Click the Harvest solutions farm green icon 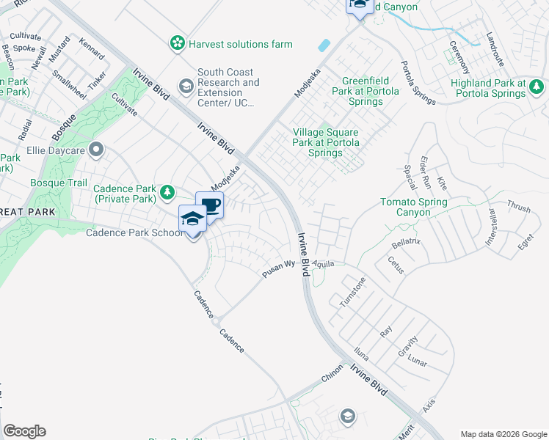tap(177, 44)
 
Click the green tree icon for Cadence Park tap(168, 193)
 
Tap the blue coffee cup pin tap(210, 205)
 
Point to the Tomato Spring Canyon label tap(415, 207)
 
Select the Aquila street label tap(323, 263)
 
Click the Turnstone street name tap(352, 292)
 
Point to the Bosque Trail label tap(59, 183)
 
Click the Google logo tap(24, 431)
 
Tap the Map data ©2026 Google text tap(503, 433)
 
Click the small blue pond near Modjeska tap(324, 45)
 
